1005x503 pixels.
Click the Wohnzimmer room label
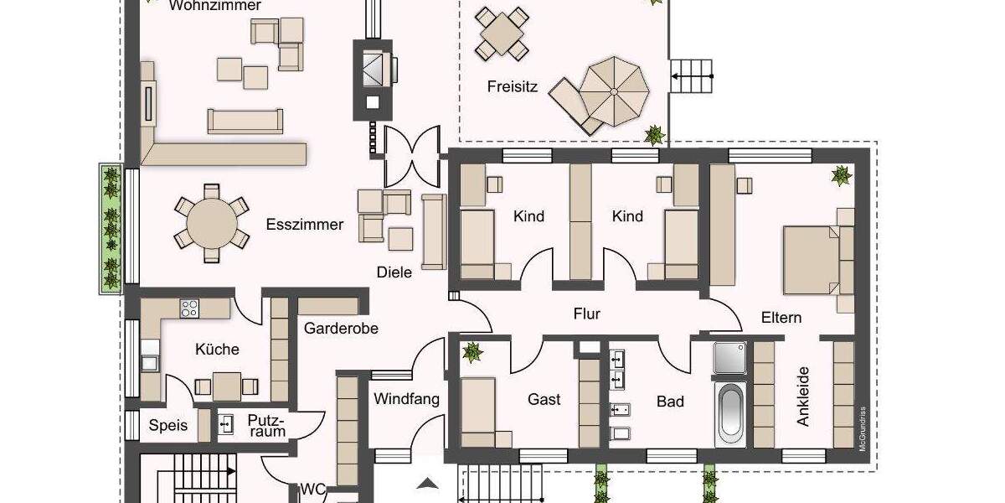tap(214, 6)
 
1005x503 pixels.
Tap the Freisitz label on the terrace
tap(512, 86)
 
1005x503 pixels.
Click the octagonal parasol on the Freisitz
tap(613, 90)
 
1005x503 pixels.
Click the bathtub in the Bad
tap(729, 414)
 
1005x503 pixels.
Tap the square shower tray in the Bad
tap(729, 357)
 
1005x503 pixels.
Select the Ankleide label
tap(803, 397)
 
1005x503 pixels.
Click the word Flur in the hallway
tap(586, 314)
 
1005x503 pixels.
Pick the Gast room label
tap(544, 400)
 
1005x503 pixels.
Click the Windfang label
tap(406, 399)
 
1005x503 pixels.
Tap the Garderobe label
tap(341, 328)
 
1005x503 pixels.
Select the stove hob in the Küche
tap(189, 308)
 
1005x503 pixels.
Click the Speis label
tap(168, 425)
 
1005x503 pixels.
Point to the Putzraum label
tap(266, 425)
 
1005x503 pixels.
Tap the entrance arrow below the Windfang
tap(428, 482)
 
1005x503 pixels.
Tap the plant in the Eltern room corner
tap(840, 175)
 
